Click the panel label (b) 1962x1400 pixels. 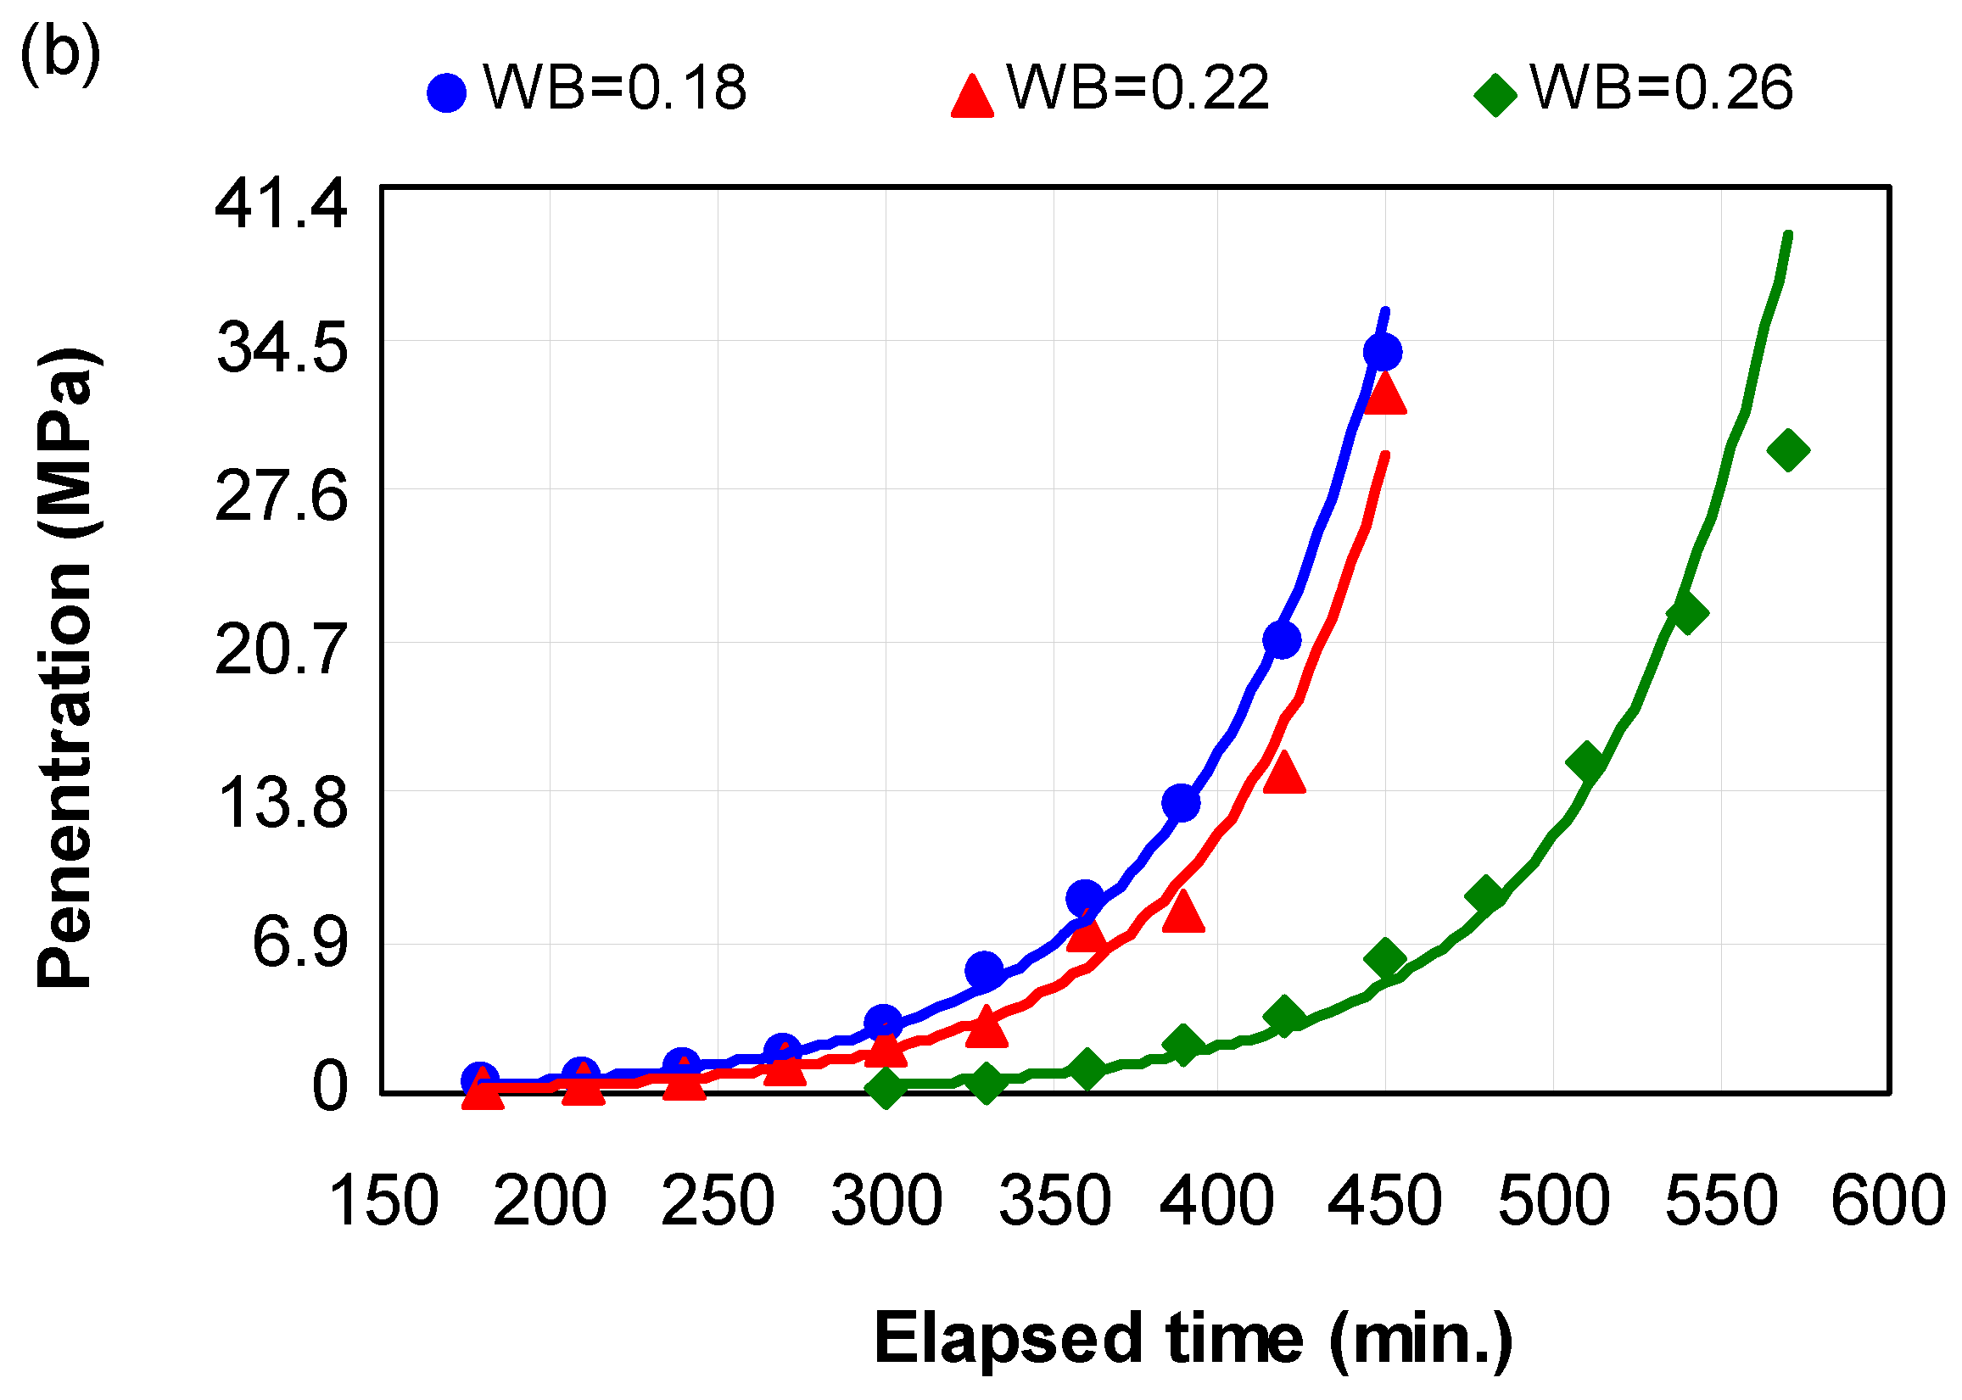pyautogui.click(x=59, y=54)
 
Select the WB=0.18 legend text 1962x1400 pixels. pyautogui.click(x=614, y=88)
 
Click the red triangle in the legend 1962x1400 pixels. pyautogui.click(x=972, y=95)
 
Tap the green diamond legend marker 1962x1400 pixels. pyautogui.click(x=1495, y=94)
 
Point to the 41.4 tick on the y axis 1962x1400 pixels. pyautogui.click(x=280, y=204)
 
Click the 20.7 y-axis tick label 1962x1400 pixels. pyautogui.click(x=280, y=650)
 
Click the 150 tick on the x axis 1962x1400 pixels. pyautogui.click(x=383, y=1201)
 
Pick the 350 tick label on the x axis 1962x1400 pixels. pyautogui.click(x=1054, y=1201)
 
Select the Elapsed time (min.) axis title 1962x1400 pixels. pyautogui.click(x=1193, y=1338)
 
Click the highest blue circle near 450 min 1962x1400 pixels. pyautogui.click(x=1383, y=352)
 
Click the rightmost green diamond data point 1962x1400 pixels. pyautogui.click(x=1788, y=450)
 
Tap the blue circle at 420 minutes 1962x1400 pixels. pyautogui.click(x=1281, y=639)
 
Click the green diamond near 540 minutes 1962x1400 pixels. pyautogui.click(x=1687, y=613)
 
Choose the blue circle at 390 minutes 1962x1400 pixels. pyautogui.click(x=1181, y=802)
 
